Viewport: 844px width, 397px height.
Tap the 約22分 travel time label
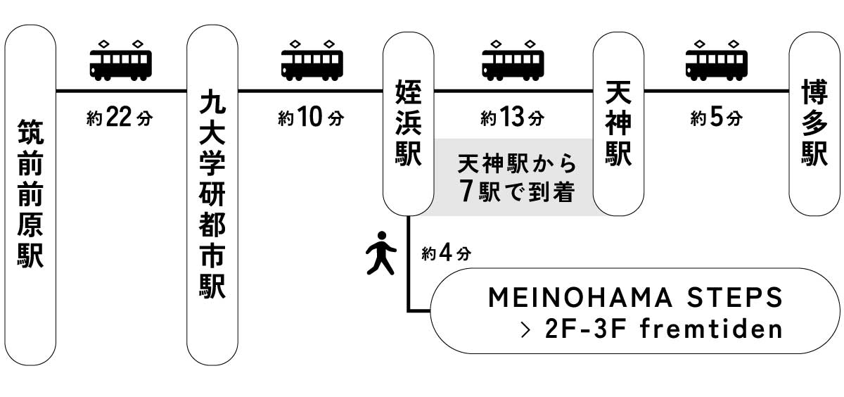(120, 118)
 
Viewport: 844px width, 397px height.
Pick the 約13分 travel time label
(513, 118)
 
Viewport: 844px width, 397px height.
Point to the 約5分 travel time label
(716, 118)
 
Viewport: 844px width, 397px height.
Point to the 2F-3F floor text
(587, 329)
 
